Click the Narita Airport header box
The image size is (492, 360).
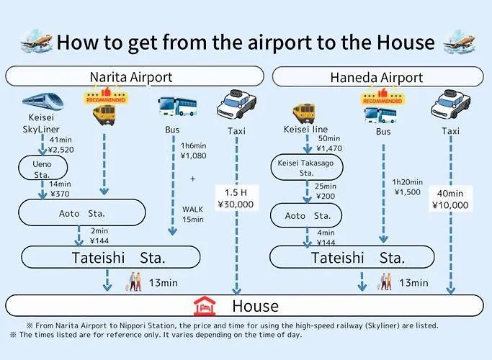[135, 76]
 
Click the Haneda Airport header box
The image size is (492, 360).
[377, 77]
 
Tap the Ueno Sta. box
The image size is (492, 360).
[43, 168]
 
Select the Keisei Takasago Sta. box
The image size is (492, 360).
[307, 168]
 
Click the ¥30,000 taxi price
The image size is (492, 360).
[236, 204]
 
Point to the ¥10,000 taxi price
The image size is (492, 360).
[450, 205]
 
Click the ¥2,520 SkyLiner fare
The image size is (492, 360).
[61, 150]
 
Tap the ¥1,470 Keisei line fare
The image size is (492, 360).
[329, 148]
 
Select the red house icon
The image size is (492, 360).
[205, 306]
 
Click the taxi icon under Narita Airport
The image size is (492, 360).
[236, 104]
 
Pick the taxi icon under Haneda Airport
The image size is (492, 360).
[451, 104]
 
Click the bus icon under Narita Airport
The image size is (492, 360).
[177, 107]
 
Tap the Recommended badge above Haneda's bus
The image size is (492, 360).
[383, 97]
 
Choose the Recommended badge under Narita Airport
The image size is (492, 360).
[106, 96]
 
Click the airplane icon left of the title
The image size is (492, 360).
[37, 41]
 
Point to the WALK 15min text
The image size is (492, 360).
[192, 214]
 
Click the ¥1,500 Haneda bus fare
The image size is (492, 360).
[407, 192]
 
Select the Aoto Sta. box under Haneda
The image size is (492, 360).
[306, 215]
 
